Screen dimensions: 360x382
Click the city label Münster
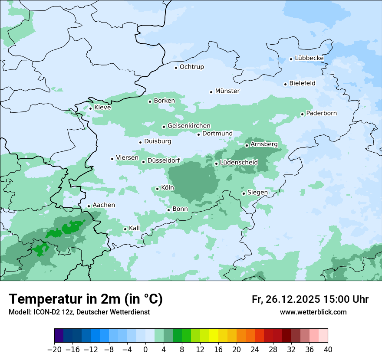(x=227, y=91)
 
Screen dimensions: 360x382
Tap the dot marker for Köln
(x=157, y=189)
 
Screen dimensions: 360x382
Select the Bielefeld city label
(x=302, y=83)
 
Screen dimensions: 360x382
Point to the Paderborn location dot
(x=302, y=114)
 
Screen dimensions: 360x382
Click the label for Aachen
(x=104, y=205)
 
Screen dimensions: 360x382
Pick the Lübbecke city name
(x=309, y=58)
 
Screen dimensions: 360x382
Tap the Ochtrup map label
(x=191, y=67)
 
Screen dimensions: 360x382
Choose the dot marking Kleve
(x=90, y=108)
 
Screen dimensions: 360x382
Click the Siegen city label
(x=257, y=193)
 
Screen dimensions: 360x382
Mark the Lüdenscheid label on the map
(x=239, y=163)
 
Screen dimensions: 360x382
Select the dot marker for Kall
(x=125, y=229)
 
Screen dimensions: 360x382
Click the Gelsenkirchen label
(x=189, y=126)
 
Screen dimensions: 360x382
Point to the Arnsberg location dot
(x=247, y=145)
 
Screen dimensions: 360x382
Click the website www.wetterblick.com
(x=313, y=312)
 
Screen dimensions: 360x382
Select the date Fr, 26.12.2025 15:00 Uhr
(x=310, y=299)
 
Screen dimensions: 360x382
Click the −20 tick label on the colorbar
(x=54, y=350)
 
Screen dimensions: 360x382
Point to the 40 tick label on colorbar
(x=328, y=350)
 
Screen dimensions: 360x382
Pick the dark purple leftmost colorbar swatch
(x=59, y=336)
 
